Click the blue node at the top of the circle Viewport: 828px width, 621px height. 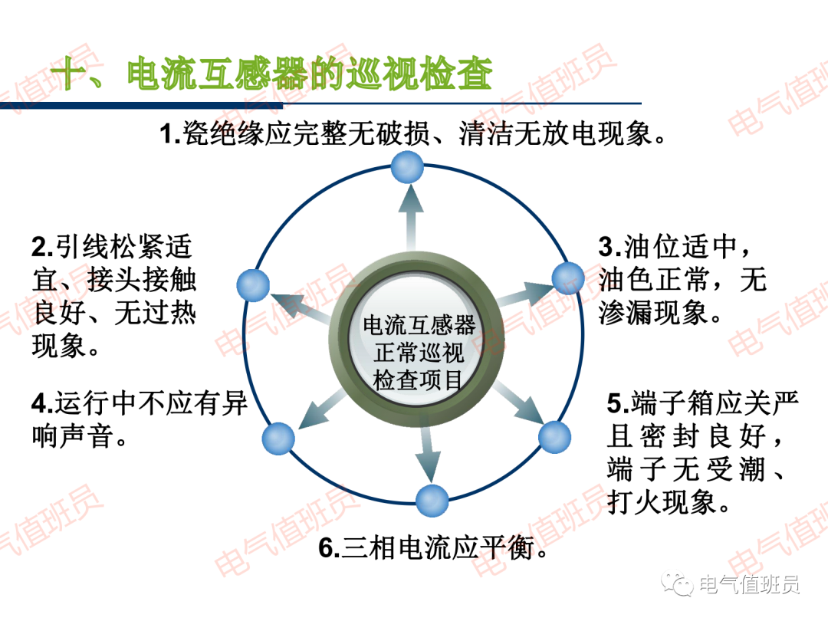coord(406,167)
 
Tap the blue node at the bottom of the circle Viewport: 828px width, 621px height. coord(432,501)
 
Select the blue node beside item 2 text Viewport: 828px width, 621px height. coord(254,285)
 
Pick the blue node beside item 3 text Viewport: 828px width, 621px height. coord(568,277)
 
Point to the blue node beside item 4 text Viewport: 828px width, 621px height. coord(278,439)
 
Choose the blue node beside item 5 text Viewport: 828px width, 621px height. coord(554,437)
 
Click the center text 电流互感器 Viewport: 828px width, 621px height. coord(419,325)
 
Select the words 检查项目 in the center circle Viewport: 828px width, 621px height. coord(419,379)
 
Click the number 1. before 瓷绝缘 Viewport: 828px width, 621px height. coord(169,136)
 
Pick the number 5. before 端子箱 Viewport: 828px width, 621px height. coord(618,403)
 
